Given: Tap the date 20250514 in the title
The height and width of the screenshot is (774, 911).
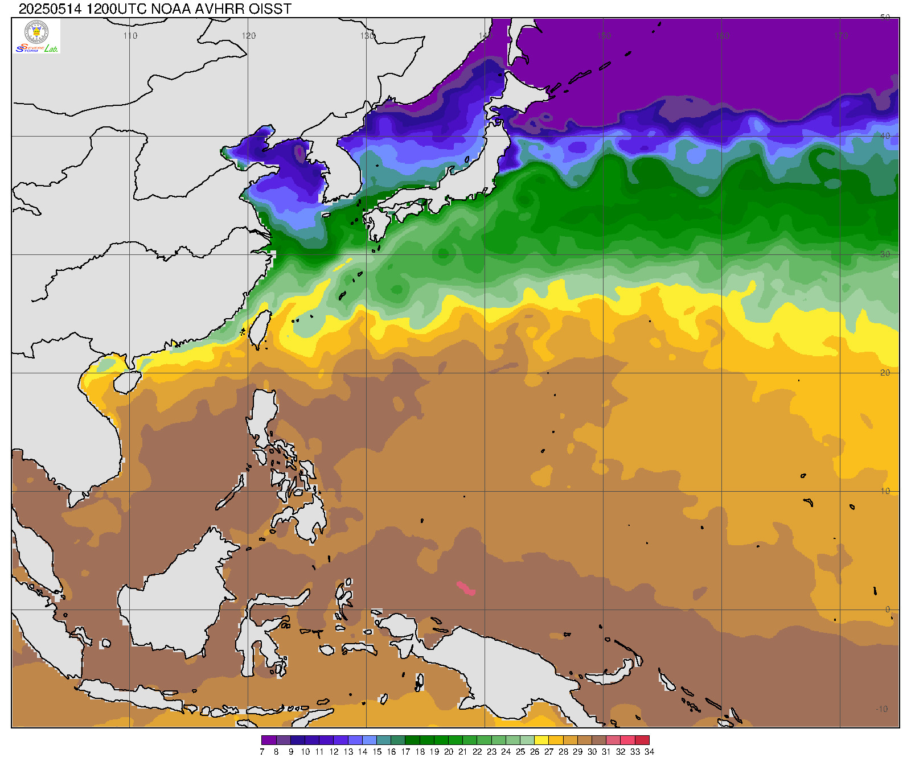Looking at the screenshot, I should (x=51, y=9).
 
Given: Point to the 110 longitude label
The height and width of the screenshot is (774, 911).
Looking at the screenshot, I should (x=130, y=36).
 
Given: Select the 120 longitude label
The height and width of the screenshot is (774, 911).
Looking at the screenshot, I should (x=249, y=36).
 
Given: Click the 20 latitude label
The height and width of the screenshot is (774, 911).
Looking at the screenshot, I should (x=885, y=373).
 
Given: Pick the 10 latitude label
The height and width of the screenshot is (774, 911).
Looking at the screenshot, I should (x=885, y=491).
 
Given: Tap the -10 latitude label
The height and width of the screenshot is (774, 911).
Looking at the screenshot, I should (x=882, y=709).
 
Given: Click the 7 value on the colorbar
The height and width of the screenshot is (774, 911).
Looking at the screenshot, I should (x=262, y=752).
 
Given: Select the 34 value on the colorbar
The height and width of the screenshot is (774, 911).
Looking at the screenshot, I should (x=649, y=752).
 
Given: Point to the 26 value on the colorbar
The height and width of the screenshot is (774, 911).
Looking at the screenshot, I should (x=535, y=752).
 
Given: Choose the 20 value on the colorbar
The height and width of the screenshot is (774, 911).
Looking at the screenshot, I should (x=449, y=752).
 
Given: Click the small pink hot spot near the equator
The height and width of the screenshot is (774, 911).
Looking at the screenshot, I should (x=466, y=588).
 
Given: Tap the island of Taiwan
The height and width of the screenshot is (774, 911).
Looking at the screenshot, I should (x=261, y=329).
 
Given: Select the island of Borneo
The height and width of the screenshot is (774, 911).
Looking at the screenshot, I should (x=171, y=598).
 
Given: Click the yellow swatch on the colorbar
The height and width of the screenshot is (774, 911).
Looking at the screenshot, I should (x=541, y=740).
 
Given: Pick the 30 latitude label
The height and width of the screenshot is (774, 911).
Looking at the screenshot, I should (x=885, y=254).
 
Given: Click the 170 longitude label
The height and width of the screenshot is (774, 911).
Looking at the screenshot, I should (x=841, y=36).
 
